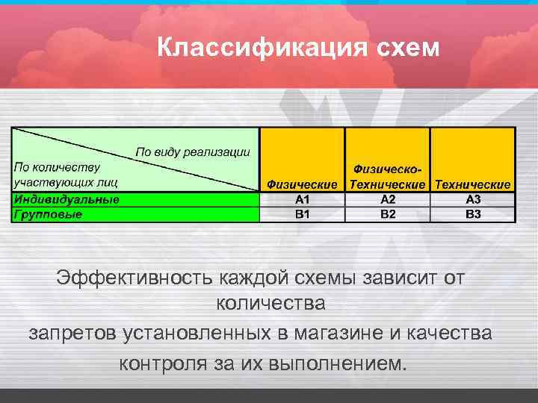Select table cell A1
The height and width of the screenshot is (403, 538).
point(302,199)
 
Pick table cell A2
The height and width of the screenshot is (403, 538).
point(387,199)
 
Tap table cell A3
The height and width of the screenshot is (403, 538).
point(473,199)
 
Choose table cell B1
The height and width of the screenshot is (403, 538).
point(302,214)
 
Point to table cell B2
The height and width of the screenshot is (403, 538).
point(387,214)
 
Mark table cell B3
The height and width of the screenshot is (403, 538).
point(473,214)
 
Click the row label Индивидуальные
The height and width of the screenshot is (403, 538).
point(67,199)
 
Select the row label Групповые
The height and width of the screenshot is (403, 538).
point(48,214)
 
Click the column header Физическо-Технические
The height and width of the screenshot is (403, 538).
point(387,177)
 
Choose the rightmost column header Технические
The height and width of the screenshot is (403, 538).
point(473,184)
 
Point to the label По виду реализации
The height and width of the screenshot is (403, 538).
point(192,152)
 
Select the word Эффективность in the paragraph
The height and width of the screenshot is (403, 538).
point(135,278)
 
